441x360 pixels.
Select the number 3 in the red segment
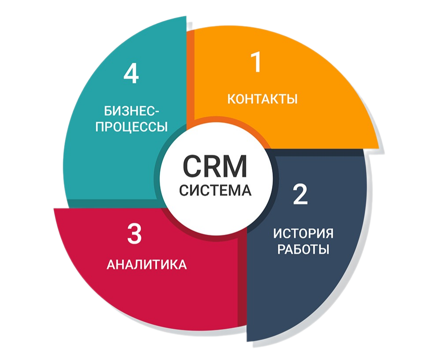[134, 233]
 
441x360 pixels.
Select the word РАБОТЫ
[303, 250]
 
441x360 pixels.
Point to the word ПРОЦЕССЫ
[132, 127]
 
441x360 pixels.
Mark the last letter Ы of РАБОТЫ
[325, 250]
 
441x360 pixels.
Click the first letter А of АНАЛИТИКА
[111, 265]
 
